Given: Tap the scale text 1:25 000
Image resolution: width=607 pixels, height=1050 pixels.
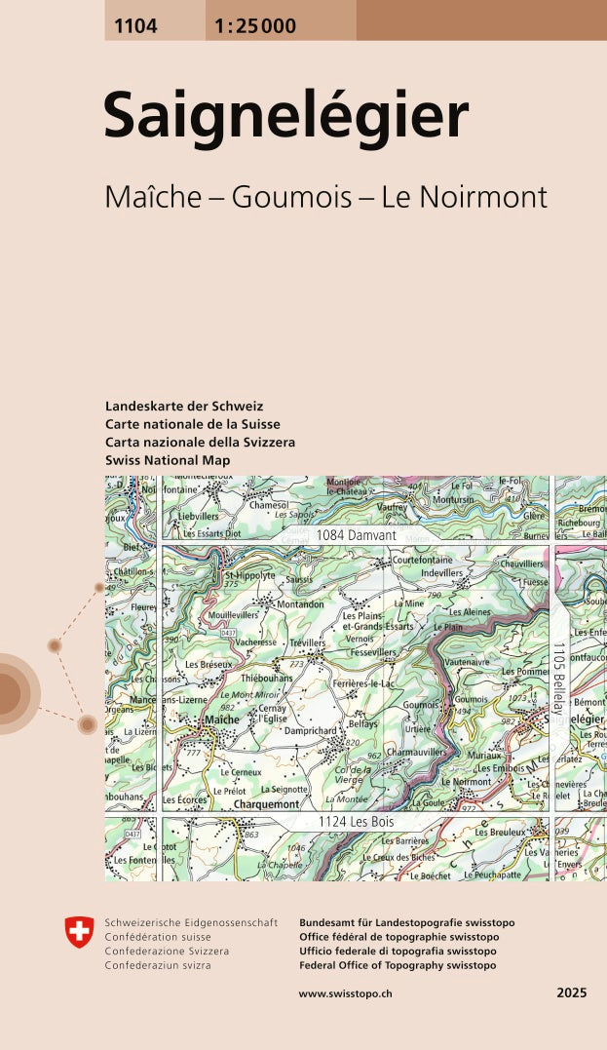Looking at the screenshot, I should click(x=251, y=26).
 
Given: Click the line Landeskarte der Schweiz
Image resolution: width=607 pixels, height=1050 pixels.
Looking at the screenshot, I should click(x=184, y=406).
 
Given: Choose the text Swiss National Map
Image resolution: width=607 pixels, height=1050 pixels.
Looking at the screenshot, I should click(x=168, y=459).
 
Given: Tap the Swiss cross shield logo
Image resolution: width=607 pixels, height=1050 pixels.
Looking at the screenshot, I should click(x=79, y=932).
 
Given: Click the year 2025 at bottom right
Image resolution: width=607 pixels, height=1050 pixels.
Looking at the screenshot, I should click(x=572, y=992).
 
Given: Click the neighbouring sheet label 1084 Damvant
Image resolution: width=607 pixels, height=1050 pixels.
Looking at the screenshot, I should click(x=356, y=536).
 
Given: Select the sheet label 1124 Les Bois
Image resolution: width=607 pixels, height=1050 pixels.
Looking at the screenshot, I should click(x=355, y=824).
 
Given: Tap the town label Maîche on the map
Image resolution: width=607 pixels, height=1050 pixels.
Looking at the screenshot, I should click(x=222, y=719).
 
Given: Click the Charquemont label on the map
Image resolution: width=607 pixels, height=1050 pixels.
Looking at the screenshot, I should click(x=266, y=805).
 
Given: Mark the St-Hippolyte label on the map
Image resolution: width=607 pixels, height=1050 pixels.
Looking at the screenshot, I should click(x=249, y=576).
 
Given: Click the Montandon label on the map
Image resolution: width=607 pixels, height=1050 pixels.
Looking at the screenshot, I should click(x=300, y=604).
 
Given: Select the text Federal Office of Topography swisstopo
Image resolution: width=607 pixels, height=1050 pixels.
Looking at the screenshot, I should click(x=398, y=965).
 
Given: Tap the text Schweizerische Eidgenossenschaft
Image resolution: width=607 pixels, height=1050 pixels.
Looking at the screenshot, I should click(x=191, y=922).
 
